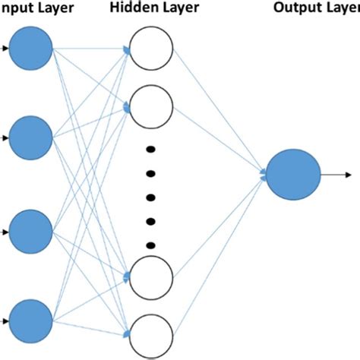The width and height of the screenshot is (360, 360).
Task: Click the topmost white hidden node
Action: click(152, 50)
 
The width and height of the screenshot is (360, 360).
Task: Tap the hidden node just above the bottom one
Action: click(152, 278)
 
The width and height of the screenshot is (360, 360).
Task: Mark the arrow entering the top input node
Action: click(5, 50)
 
